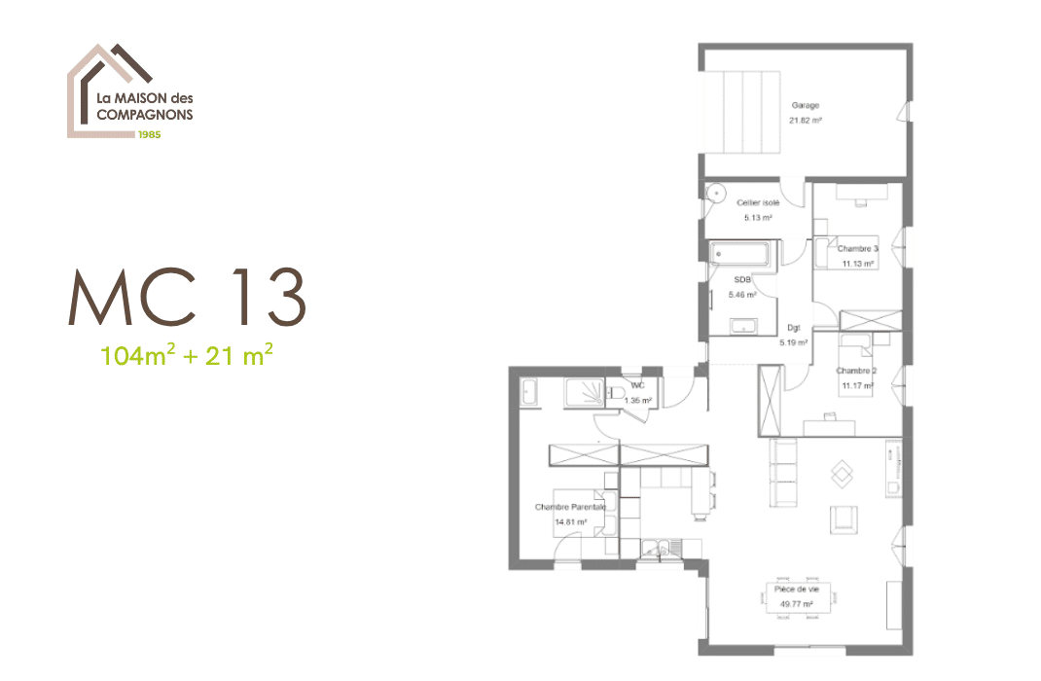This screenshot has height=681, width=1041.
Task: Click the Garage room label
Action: tap(806, 105)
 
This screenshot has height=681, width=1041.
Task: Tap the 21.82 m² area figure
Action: tap(806, 121)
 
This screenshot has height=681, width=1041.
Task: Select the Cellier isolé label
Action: tap(758, 202)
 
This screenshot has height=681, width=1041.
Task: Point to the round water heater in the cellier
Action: tap(716, 193)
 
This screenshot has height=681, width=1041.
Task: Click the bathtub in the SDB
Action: tap(739, 254)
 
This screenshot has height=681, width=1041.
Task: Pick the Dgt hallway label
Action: tap(793, 328)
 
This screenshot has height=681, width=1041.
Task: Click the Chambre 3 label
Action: tap(858, 249)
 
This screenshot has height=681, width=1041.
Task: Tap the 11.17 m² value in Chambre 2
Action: tap(858, 385)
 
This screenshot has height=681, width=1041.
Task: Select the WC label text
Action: tap(637, 385)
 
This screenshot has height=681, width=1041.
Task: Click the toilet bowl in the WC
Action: tap(614, 394)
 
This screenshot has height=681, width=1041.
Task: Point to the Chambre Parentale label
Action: tap(571, 507)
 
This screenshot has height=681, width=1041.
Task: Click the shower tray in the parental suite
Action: tap(585, 392)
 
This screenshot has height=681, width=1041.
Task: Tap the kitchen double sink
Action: tap(656, 549)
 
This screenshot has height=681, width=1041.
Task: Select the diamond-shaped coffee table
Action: tap(842, 474)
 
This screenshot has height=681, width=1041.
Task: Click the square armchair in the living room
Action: tap(844, 520)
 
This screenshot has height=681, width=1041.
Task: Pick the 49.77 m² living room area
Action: tap(797, 605)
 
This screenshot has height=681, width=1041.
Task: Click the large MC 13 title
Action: tap(187, 298)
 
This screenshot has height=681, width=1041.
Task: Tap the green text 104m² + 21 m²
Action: tap(187, 355)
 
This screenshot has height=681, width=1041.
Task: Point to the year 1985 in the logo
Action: tap(150, 134)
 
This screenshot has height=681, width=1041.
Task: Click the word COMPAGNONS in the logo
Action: tap(145, 115)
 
